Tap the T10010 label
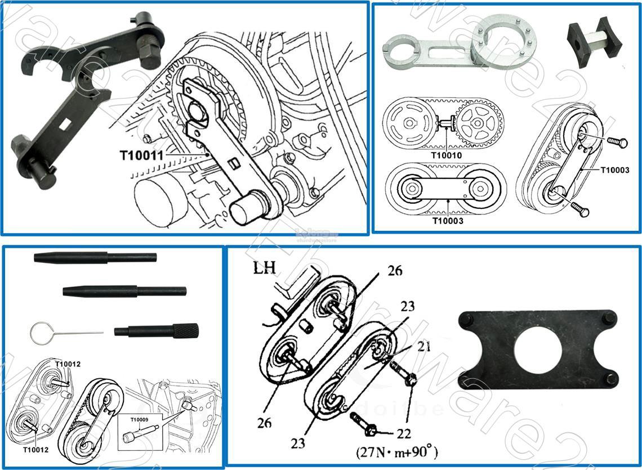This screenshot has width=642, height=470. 447,155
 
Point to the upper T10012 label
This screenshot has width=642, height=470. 68,364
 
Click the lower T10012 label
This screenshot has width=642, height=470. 36,450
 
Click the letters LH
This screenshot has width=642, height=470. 264,267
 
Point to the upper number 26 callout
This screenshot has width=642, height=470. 395,271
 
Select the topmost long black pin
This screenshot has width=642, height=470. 95,258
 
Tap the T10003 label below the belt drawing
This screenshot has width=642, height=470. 448,221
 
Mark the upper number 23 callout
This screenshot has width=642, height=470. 407,306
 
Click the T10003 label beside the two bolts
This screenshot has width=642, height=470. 614,170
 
